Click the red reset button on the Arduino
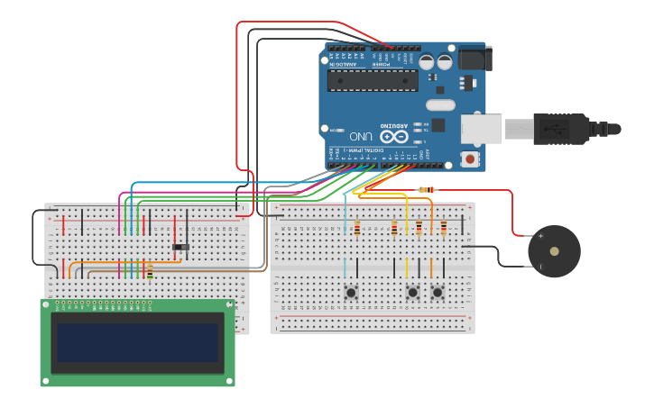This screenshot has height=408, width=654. [469, 159]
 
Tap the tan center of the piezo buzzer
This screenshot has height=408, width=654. [554, 251]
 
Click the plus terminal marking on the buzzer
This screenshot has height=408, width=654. [541, 236]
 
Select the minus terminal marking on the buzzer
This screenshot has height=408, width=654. [541, 267]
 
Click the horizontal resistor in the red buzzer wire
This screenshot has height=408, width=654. [427, 190]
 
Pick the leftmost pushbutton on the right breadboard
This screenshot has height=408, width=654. [350, 292]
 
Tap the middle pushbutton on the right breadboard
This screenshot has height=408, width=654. [413, 292]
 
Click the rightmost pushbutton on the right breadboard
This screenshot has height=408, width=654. [438, 292]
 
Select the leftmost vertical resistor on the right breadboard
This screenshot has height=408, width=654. [357, 228]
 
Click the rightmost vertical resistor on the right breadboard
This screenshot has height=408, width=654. [444, 228]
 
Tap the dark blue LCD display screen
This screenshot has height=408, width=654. [137, 343]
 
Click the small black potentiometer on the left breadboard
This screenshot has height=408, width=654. [181, 247]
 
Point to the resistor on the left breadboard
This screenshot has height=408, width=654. [150, 270]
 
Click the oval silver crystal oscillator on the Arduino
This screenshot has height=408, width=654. [440, 104]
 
